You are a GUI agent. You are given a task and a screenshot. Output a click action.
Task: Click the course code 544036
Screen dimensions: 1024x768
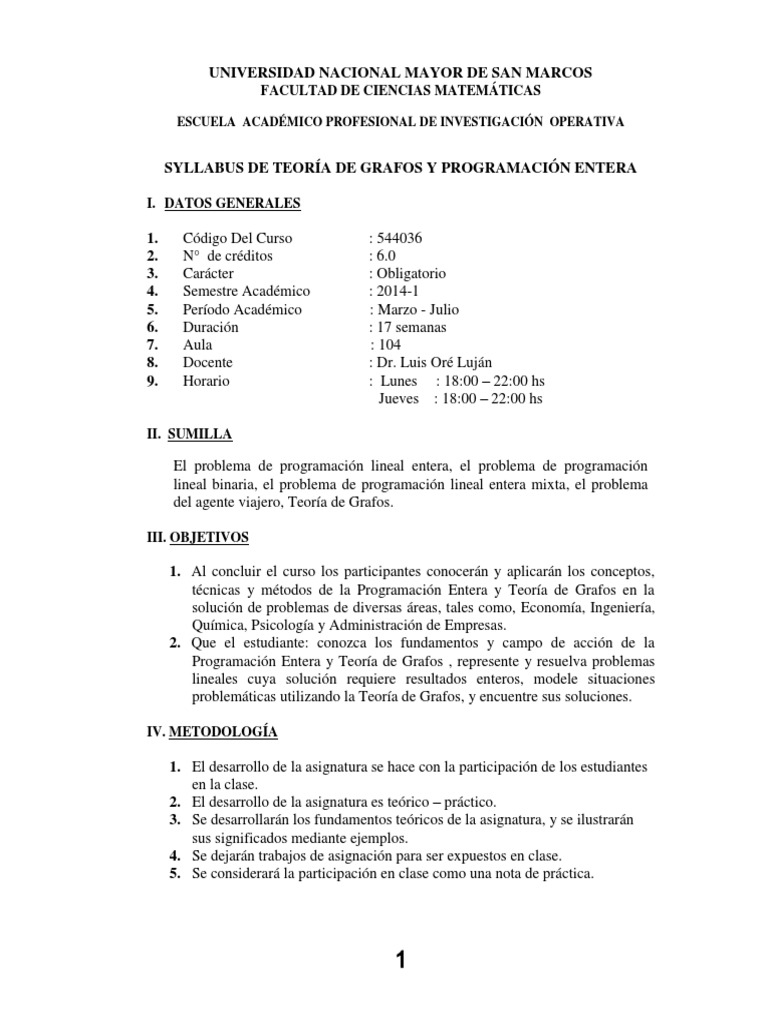click(x=397, y=238)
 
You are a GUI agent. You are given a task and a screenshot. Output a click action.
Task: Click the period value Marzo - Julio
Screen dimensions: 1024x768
click(x=416, y=309)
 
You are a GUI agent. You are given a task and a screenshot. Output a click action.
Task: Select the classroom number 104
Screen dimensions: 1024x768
click(x=389, y=345)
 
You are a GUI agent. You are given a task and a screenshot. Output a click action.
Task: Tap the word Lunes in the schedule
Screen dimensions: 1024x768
click(x=399, y=381)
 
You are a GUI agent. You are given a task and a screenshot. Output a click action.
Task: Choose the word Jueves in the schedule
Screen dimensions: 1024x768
click(x=400, y=399)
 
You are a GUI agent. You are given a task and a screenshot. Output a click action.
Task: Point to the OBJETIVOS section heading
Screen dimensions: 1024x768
click(x=208, y=537)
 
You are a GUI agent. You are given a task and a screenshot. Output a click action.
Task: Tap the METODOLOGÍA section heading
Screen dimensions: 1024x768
click(x=222, y=732)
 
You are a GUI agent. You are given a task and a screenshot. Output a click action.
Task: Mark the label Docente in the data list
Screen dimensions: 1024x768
click(x=208, y=363)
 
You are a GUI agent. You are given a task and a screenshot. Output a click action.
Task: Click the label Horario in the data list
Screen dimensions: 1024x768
click(x=206, y=381)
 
